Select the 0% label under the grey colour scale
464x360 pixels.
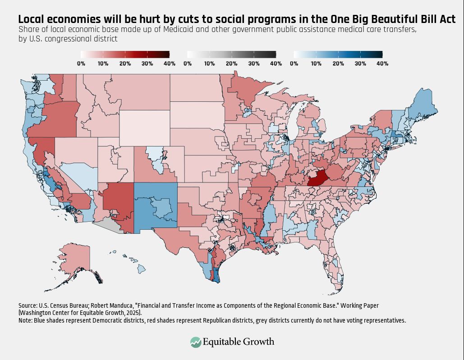click(x=188, y=64)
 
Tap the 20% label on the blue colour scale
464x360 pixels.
click(x=338, y=64)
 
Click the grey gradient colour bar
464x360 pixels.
click(x=231, y=55)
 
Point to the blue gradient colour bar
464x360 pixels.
click(x=338, y=55)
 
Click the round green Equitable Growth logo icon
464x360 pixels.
click(x=196, y=342)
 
